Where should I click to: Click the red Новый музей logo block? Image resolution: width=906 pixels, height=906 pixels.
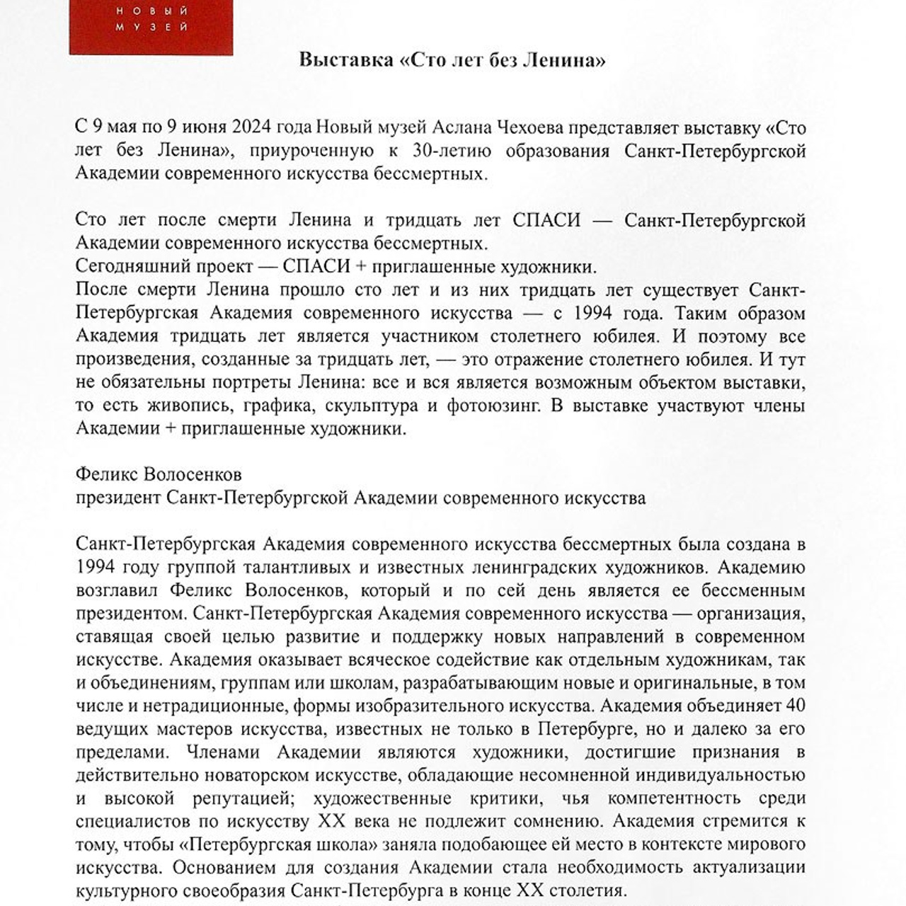click(x=151, y=27)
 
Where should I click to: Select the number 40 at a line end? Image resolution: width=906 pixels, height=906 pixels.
click(x=795, y=706)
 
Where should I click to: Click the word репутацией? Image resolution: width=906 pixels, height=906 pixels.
click(x=234, y=798)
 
